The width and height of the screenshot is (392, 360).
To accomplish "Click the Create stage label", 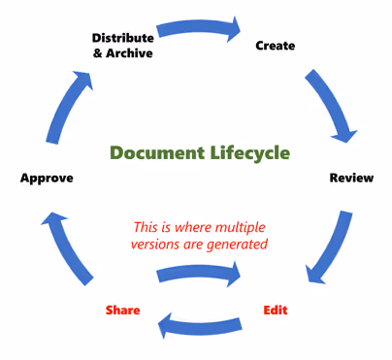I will pyautogui.click(x=275, y=46).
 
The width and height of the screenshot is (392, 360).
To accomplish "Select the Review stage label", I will pyautogui.click(x=351, y=179).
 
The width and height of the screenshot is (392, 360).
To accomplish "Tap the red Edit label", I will pyautogui.click(x=276, y=311).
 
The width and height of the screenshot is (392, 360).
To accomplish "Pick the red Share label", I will pyautogui.click(x=123, y=311).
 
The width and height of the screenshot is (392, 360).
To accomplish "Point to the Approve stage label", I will pyautogui.click(x=47, y=179).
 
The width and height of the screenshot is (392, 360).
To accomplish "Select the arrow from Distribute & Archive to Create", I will pyautogui.click(x=198, y=29).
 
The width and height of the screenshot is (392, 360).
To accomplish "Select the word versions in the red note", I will pyautogui.click(x=156, y=245).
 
